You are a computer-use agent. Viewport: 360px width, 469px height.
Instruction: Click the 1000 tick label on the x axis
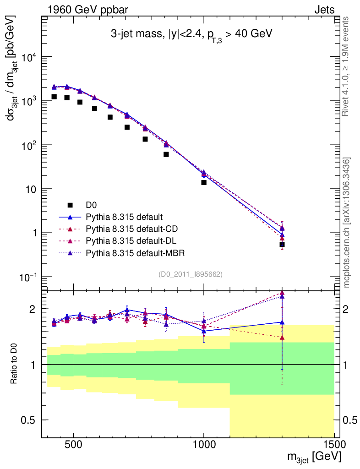(204, 446)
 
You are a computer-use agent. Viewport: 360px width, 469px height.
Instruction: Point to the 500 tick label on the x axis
(73, 446)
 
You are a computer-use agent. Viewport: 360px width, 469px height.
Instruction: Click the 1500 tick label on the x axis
(334, 446)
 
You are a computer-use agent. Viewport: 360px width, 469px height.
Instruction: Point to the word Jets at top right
(324, 9)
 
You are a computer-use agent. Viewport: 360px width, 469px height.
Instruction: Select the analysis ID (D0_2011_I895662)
(190, 274)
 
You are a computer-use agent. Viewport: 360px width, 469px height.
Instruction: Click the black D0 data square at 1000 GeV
(204, 182)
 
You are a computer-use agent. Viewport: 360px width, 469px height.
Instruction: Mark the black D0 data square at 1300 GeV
(282, 245)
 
